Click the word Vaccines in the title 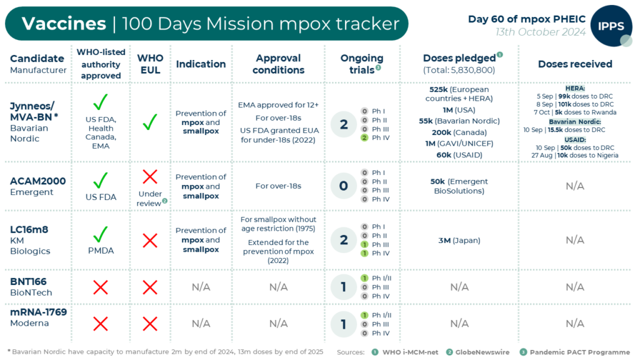click(64, 24)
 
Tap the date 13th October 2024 click(541, 32)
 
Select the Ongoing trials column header click(361, 64)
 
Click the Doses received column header click(574, 64)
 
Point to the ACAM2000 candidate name click(37, 181)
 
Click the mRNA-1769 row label click(38, 312)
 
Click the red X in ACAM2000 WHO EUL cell click(150, 176)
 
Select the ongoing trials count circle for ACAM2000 click(343, 186)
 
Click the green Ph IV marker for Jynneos click(364, 137)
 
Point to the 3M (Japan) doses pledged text click(459, 240)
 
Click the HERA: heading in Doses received click(574, 89)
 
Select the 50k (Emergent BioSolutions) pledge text click(459, 186)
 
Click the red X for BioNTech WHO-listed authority click(101, 287)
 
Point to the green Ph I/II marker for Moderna click(364, 315)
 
